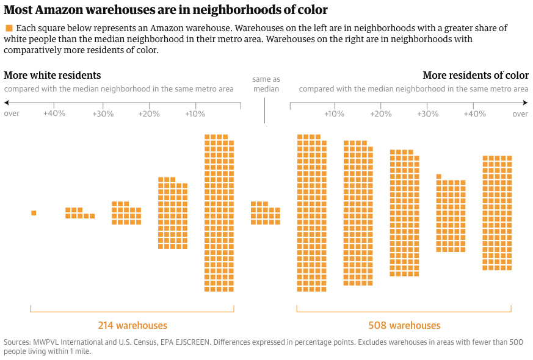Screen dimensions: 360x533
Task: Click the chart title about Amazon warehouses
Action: tap(165, 10)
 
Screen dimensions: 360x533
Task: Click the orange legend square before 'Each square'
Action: tap(9, 29)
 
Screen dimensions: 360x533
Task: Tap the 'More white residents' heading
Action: tap(53, 76)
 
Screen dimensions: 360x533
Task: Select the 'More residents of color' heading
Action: tap(476, 76)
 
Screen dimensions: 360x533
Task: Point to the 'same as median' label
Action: tap(266, 84)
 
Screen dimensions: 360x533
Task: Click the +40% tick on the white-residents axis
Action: tap(54, 113)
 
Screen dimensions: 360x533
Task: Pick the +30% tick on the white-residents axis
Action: tap(103, 113)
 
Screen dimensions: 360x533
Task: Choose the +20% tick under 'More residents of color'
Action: tap(381, 113)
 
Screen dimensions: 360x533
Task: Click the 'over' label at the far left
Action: tap(12, 113)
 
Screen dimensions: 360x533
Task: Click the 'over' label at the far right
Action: tap(520, 113)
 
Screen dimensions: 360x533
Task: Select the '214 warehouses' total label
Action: tap(132, 325)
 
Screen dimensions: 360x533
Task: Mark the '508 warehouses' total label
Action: tap(404, 325)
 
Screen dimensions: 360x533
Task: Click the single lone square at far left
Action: tap(34, 213)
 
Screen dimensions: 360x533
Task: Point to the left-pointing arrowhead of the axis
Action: tap(6, 104)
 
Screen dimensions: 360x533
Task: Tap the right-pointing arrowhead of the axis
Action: tap(526, 104)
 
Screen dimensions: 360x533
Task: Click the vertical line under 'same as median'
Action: tap(265, 110)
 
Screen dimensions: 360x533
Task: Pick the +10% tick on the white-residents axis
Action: tap(195, 113)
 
